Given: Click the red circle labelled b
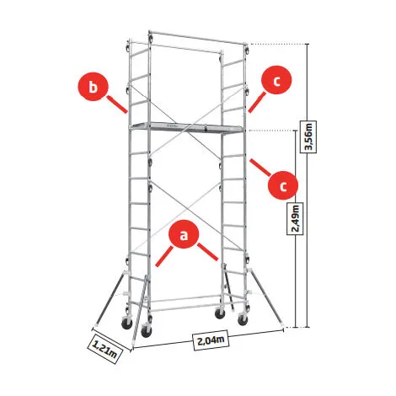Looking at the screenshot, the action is [x=93, y=87].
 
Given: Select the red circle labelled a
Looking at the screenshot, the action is [x=184, y=234].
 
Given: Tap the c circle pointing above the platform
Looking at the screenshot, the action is [x=276, y=80].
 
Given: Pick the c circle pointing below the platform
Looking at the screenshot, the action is [x=282, y=185].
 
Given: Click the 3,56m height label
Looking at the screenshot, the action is [x=308, y=136].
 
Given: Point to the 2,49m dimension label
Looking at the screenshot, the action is [x=295, y=218].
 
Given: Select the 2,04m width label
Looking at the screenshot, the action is [x=211, y=340].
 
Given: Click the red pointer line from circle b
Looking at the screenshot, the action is [x=116, y=104].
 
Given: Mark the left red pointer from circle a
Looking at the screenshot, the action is [x=164, y=256].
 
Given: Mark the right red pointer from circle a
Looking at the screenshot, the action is [x=207, y=252].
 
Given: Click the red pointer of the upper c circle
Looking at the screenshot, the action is [x=257, y=103].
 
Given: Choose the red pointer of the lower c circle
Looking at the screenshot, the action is [x=260, y=168].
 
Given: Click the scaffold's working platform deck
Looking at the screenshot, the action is [x=186, y=127].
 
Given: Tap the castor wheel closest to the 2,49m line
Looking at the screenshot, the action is [x=243, y=319].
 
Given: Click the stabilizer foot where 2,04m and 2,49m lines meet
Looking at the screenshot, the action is [x=282, y=326].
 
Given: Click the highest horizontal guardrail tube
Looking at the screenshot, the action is [x=197, y=37].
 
